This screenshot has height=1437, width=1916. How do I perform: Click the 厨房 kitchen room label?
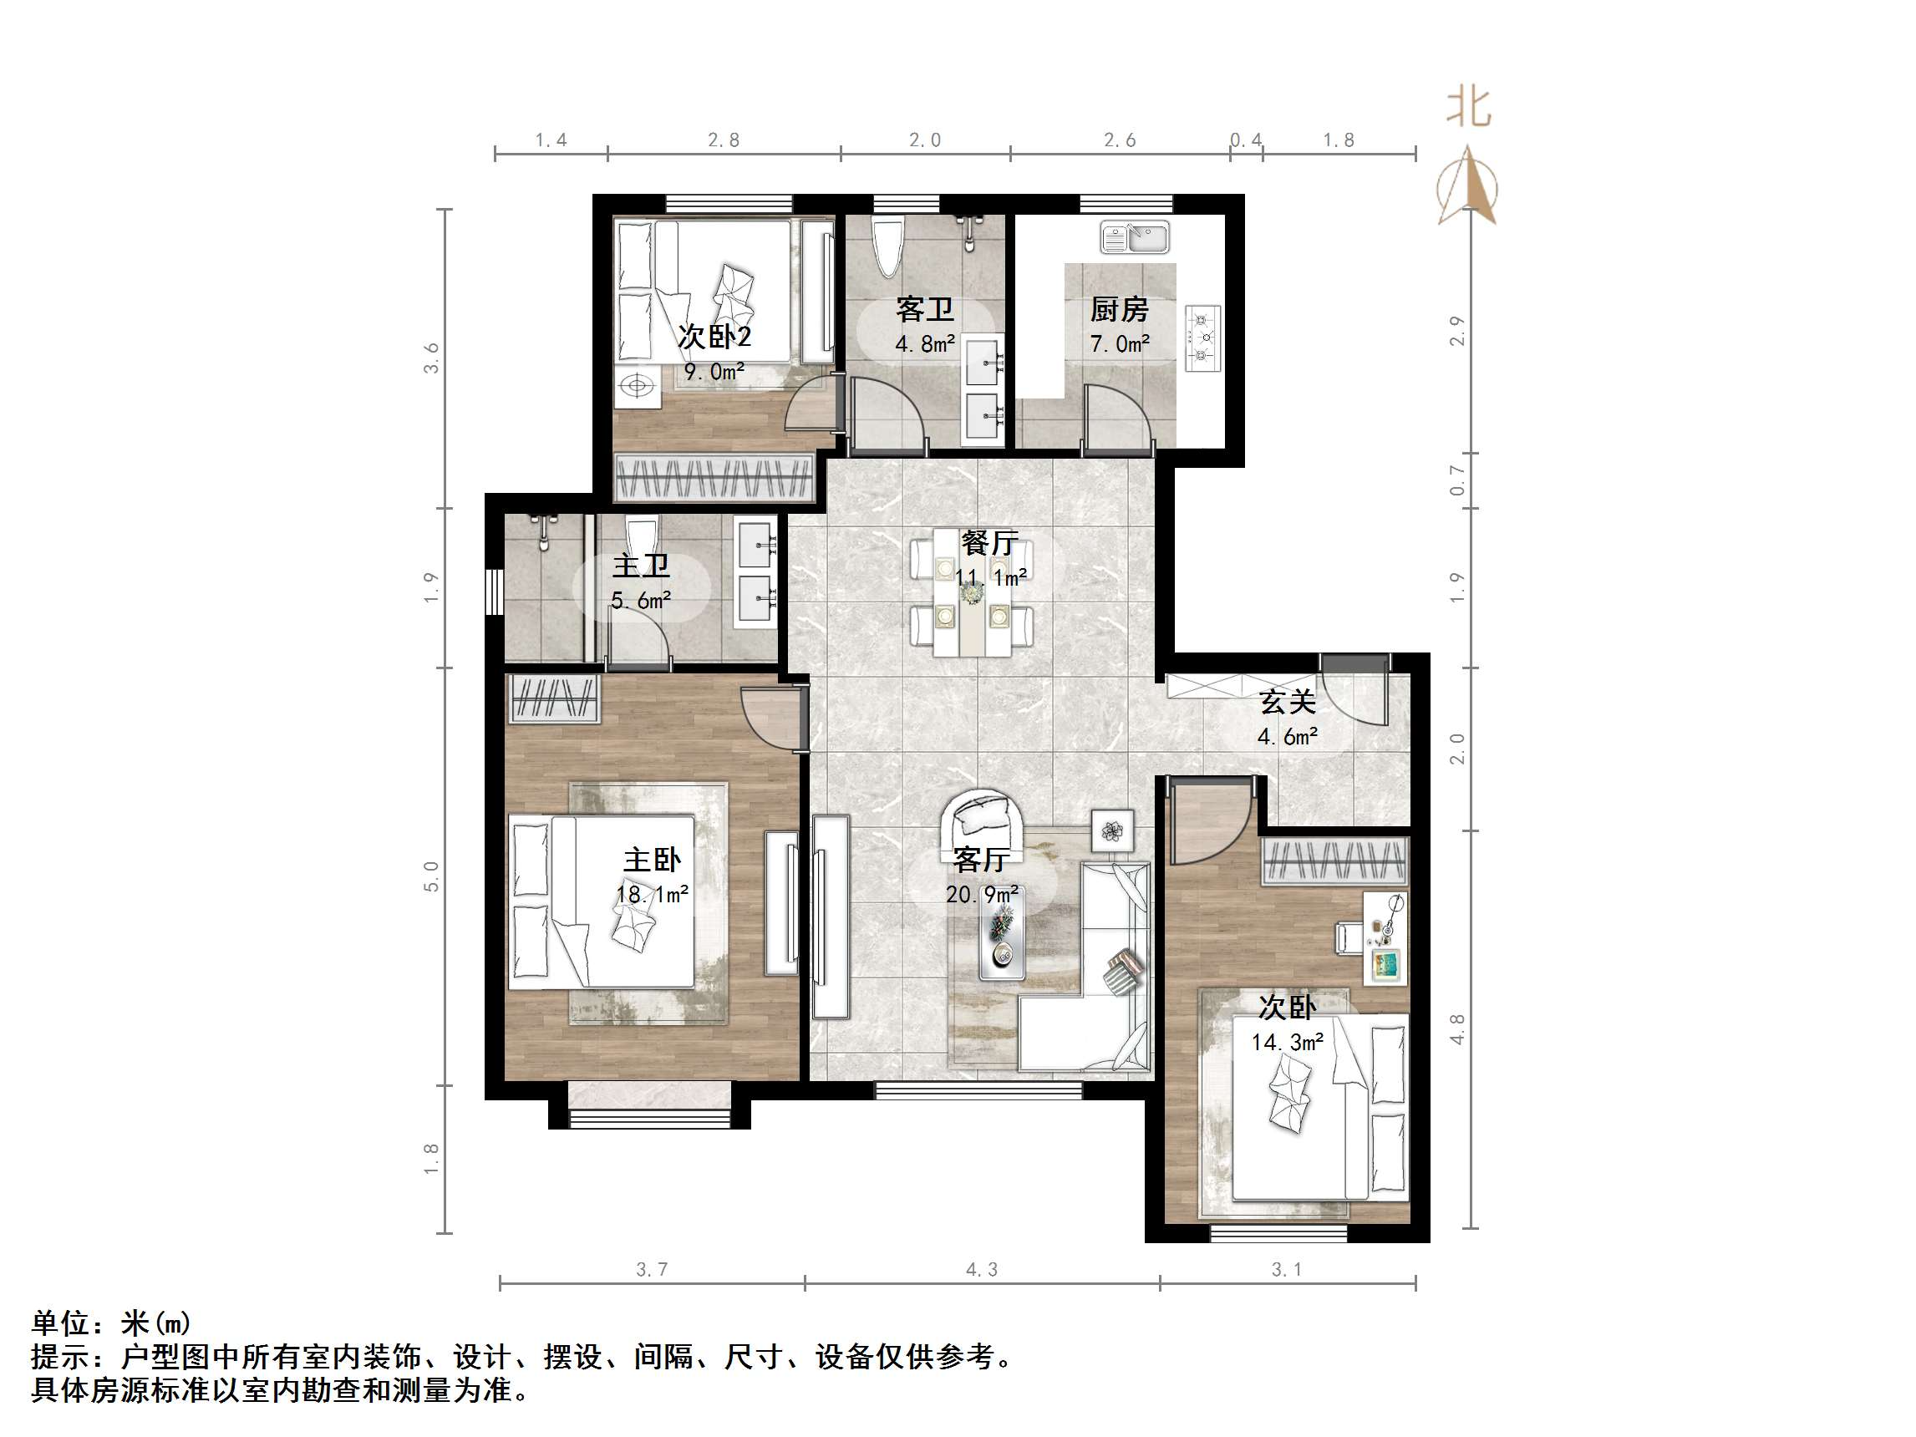point(1119,309)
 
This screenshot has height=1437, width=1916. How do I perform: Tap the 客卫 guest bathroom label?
point(925,309)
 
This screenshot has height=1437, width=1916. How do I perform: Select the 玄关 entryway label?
point(1287,702)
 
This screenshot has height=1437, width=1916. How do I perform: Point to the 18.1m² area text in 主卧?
point(653,894)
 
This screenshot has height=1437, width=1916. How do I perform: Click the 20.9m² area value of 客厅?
point(981,894)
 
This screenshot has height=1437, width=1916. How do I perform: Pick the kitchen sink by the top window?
point(1135,236)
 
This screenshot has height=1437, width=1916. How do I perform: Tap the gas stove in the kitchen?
point(1202,338)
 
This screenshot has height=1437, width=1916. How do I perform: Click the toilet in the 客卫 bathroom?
point(889,246)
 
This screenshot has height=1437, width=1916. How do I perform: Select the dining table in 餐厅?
point(972,594)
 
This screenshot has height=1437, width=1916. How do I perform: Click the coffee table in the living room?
point(1002,936)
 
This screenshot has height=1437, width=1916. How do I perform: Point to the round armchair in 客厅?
point(984,820)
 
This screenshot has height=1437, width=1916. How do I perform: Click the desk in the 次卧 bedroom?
point(1385,938)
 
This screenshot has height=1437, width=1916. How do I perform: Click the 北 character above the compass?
point(1469,109)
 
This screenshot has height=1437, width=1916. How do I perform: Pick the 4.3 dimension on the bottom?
point(981,1270)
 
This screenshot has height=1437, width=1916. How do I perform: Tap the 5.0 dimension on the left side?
point(431,876)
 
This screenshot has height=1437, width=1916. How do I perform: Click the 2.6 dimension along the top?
point(1119,140)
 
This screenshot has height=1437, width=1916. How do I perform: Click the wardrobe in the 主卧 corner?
point(554,698)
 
